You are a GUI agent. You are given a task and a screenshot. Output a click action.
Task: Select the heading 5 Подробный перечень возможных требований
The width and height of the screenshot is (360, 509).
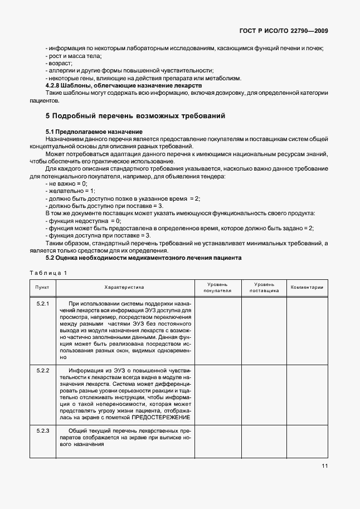[x=135, y=116]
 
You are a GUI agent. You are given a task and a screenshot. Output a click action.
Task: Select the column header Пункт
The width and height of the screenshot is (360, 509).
[x=42, y=287]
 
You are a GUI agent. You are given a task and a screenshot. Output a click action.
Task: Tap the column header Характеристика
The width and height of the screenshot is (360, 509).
[x=124, y=287]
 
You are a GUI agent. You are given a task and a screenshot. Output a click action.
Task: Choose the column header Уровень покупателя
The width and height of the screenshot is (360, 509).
[x=217, y=287]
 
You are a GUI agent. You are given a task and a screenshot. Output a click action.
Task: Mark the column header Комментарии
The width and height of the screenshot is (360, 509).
[x=307, y=287]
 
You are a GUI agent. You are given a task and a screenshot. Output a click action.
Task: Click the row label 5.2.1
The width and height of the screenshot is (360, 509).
[x=43, y=303]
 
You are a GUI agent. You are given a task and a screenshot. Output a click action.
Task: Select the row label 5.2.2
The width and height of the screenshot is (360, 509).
[x=43, y=371]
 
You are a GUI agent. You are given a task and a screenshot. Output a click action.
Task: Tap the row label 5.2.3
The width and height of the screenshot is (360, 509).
[x=43, y=432]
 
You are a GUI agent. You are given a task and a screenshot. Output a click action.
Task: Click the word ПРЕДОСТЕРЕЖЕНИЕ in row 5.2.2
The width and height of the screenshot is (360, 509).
[x=162, y=418]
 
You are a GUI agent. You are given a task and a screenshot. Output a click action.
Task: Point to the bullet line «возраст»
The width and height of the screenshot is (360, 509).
[x=57, y=64]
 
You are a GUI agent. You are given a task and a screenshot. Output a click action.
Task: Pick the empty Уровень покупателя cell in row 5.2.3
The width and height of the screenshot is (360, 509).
[x=217, y=441]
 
